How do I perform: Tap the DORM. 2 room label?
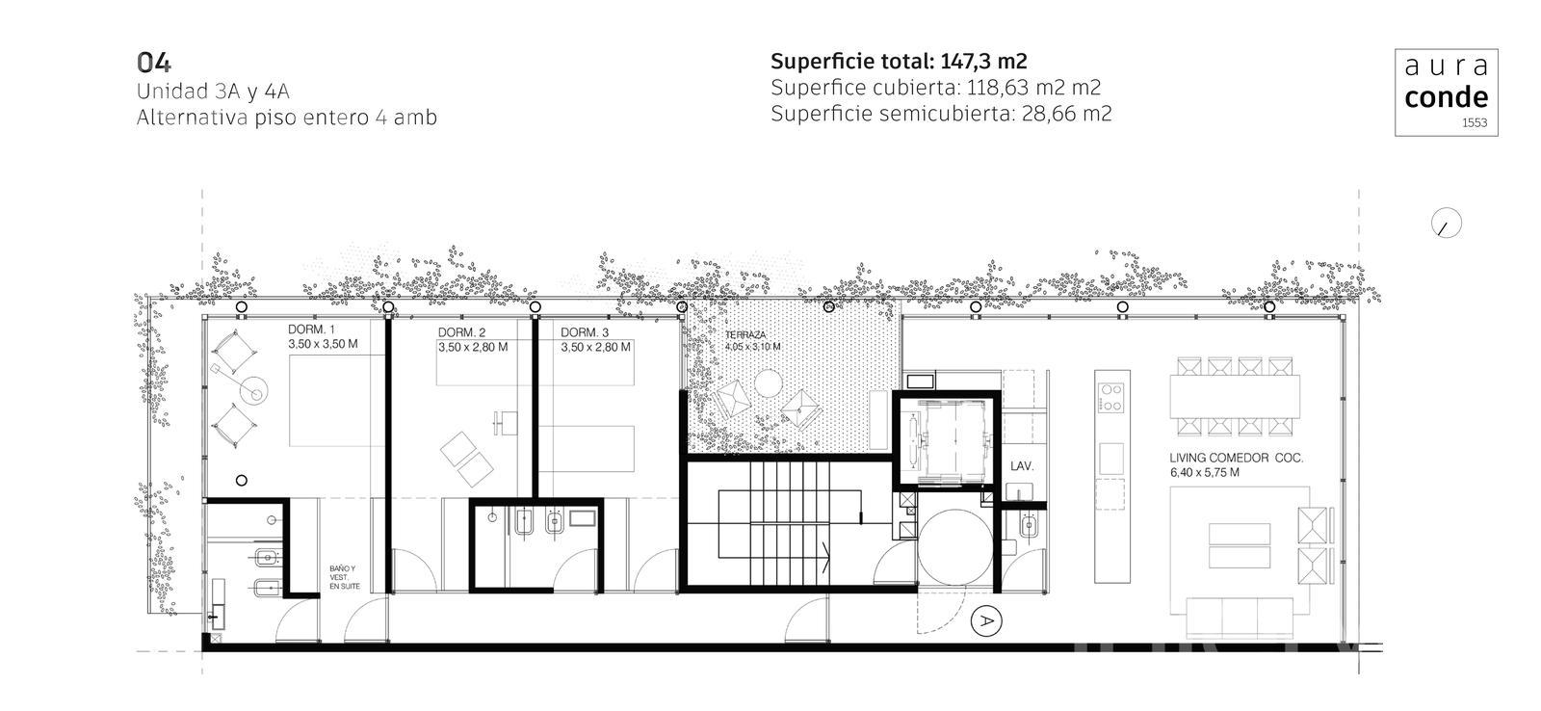(461, 332)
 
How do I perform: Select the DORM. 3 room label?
(584, 332)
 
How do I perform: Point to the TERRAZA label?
(745, 334)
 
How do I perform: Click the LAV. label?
(1022, 466)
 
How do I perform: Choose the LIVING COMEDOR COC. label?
(1237, 458)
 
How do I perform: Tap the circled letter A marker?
(986, 620)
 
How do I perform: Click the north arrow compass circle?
(1446, 223)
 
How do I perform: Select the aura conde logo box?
(1446, 92)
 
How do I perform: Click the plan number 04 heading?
(154, 63)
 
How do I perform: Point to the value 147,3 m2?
(983, 62)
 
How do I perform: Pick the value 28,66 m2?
(1066, 114)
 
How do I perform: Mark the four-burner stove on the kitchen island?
(1111, 398)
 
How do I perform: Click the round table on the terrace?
(768, 382)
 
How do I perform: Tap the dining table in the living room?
(1235, 397)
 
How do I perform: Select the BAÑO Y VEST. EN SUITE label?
(343, 577)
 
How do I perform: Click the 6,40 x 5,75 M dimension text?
(1204, 473)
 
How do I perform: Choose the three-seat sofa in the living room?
(1240, 618)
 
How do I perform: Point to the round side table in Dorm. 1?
(254, 390)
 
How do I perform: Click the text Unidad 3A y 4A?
(213, 92)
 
